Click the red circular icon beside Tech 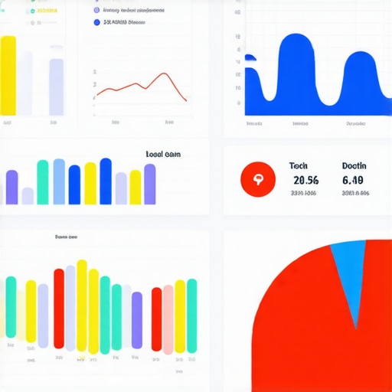tap(256, 180)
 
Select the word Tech tap(298, 166)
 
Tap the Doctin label tap(354, 166)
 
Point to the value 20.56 tap(305, 181)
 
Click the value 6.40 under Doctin tap(353, 181)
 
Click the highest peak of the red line tap(165, 74)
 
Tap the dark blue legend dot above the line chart tap(96, 23)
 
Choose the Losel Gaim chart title tap(163, 154)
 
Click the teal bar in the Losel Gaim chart tap(43, 182)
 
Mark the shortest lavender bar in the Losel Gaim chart tap(28, 196)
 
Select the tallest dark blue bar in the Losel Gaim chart tap(106, 181)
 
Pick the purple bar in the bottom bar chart tap(137, 320)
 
